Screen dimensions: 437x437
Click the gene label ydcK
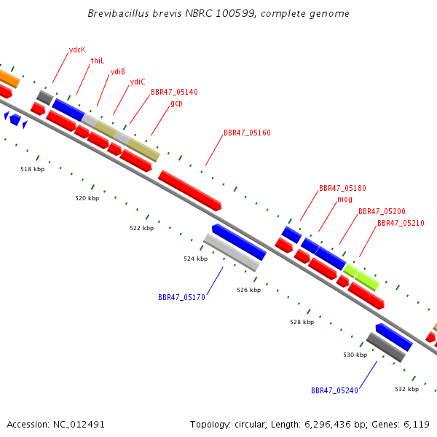pyautogui.click(x=77, y=50)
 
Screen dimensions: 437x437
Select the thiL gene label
pyautogui.click(x=98, y=60)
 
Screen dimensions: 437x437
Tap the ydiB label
pyautogui.click(x=117, y=71)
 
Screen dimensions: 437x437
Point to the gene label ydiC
pyautogui.click(x=138, y=82)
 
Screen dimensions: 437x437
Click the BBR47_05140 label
pyautogui.click(x=174, y=92)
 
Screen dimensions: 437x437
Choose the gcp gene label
pyautogui.click(x=176, y=103)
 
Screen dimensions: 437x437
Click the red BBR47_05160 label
pyautogui.click(x=247, y=133)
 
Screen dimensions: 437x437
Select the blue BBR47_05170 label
pyautogui.click(x=181, y=297)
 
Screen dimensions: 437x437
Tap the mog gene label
pyautogui.click(x=345, y=200)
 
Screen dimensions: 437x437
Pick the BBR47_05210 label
pyautogui.click(x=401, y=223)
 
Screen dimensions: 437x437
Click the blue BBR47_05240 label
pyautogui.click(x=334, y=390)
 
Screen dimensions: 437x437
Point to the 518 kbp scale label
pyautogui.click(x=32, y=169)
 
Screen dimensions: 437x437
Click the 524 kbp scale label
pyautogui.click(x=196, y=259)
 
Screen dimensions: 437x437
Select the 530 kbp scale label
pyautogui.click(x=355, y=355)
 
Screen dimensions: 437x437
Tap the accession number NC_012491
pyautogui.click(x=79, y=425)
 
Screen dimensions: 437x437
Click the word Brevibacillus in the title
pyautogui.click(x=119, y=13)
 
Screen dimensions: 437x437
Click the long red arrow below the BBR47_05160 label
pyautogui.click(x=190, y=190)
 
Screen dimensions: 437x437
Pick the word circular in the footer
pyautogui.click(x=251, y=425)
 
